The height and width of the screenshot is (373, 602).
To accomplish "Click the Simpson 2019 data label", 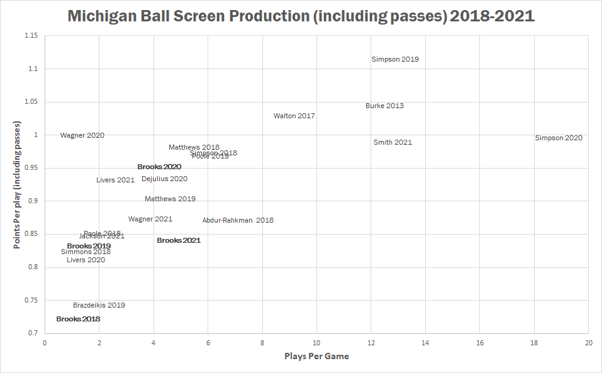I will pos(395,60).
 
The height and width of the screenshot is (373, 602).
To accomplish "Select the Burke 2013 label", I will pos(384,106).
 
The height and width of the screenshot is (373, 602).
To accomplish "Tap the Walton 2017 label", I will pos(294,116).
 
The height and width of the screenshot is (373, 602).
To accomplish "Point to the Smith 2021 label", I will pos(393,142).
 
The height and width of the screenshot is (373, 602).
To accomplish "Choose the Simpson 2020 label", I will pos(559,138).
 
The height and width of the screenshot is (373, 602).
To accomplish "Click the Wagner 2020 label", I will pos(82,135).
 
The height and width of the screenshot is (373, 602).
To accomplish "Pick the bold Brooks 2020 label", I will pos(159,167).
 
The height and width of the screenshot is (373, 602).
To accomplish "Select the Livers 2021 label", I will pos(116,180).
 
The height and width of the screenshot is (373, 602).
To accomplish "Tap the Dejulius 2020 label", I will pos(164,179).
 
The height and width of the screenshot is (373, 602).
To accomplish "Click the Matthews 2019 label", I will pos(170,199).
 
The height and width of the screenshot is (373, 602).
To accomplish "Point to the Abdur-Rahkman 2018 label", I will pos(238,220).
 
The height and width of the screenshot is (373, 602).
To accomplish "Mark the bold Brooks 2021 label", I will pos(179,240).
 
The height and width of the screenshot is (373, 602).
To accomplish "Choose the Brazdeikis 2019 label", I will pos(99,305).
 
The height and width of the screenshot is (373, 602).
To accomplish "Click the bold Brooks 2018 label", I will pos(78,319).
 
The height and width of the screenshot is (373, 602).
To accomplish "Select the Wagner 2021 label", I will pos(150,219).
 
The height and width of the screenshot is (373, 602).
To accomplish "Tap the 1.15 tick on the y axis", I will pos(30,36).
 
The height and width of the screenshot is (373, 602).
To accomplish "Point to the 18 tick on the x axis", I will pos(534,343).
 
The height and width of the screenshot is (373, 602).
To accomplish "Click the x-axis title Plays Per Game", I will pos(316,357).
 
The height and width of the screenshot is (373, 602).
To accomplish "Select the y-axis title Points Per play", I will pos(18,184).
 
